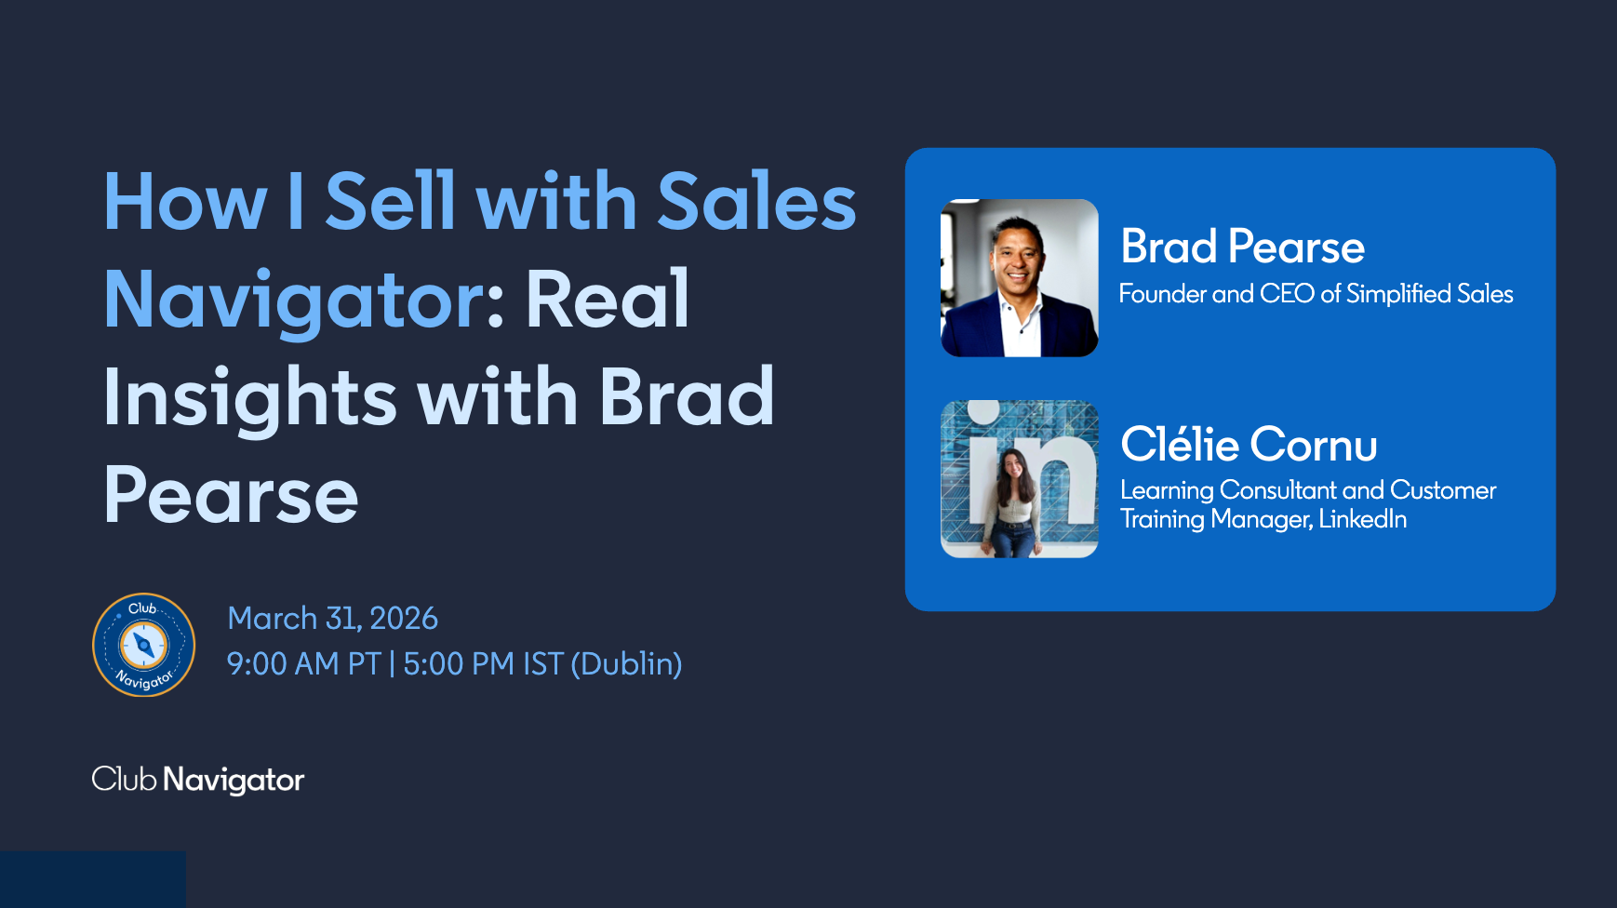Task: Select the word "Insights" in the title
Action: pyautogui.click(x=250, y=398)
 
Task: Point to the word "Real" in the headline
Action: pyautogui.click(x=608, y=299)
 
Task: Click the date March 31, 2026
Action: pyautogui.click(x=332, y=618)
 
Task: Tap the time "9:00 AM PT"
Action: pyautogui.click(x=304, y=663)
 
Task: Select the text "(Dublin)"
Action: pyautogui.click(x=626, y=664)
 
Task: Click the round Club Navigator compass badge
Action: pyautogui.click(x=143, y=645)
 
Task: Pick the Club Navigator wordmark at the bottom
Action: pyautogui.click(x=198, y=780)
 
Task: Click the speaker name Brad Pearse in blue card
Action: pyautogui.click(x=1242, y=247)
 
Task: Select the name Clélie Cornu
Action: pyautogui.click(x=1249, y=444)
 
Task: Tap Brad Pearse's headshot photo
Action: pyautogui.click(x=1020, y=278)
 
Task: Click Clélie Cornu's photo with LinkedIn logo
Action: pyautogui.click(x=1020, y=479)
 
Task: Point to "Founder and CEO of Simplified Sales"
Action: pyautogui.click(x=1316, y=294)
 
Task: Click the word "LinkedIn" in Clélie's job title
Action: pyautogui.click(x=1362, y=518)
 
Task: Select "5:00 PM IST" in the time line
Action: pyautogui.click(x=484, y=663)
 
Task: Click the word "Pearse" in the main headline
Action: pyautogui.click(x=231, y=495)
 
